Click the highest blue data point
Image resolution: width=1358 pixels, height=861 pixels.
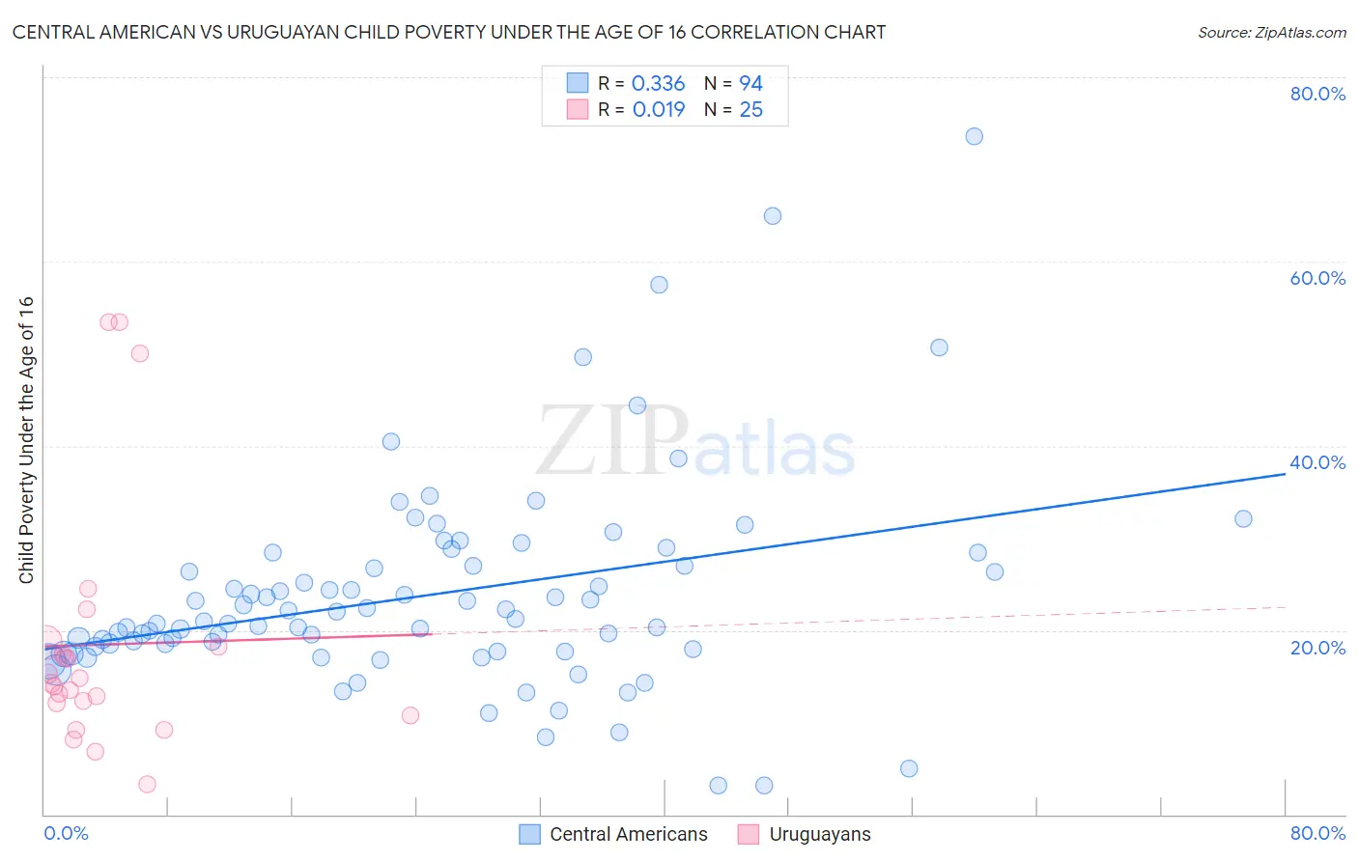[x=974, y=136]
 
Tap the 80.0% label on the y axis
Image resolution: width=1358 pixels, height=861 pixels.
[x=1317, y=94]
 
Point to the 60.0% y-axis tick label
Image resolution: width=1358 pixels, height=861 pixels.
[x=1317, y=278]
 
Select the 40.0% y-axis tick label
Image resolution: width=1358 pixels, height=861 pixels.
[x=1317, y=462]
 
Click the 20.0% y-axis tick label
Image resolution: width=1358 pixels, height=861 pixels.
[x=1317, y=647]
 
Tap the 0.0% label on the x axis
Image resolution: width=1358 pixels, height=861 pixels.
[x=66, y=833]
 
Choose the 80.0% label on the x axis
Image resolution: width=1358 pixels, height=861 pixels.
[x=1317, y=833]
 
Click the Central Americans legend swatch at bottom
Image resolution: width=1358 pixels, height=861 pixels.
[x=529, y=834]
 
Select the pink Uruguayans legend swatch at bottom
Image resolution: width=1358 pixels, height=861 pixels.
[x=749, y=834]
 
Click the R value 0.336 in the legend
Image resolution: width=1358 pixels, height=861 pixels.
[x=658, y=84]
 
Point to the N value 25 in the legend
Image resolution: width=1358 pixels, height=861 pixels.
[x=750, y=110]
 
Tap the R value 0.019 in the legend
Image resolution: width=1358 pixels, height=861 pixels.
[x=659, y=110]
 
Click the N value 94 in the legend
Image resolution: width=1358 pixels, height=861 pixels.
[x=750, y=84]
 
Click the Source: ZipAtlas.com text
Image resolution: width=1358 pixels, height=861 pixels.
[x=1271, y=33]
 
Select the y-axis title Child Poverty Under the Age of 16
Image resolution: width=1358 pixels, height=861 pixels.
[x=27, y=439]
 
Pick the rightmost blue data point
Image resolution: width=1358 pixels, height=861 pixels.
[x=1243, y=518]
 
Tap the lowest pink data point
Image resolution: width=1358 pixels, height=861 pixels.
[x=147, y=784]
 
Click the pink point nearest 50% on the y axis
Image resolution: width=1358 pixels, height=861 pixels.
[x=140, y=353]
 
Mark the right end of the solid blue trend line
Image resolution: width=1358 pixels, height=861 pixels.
[x=1286, y=474]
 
